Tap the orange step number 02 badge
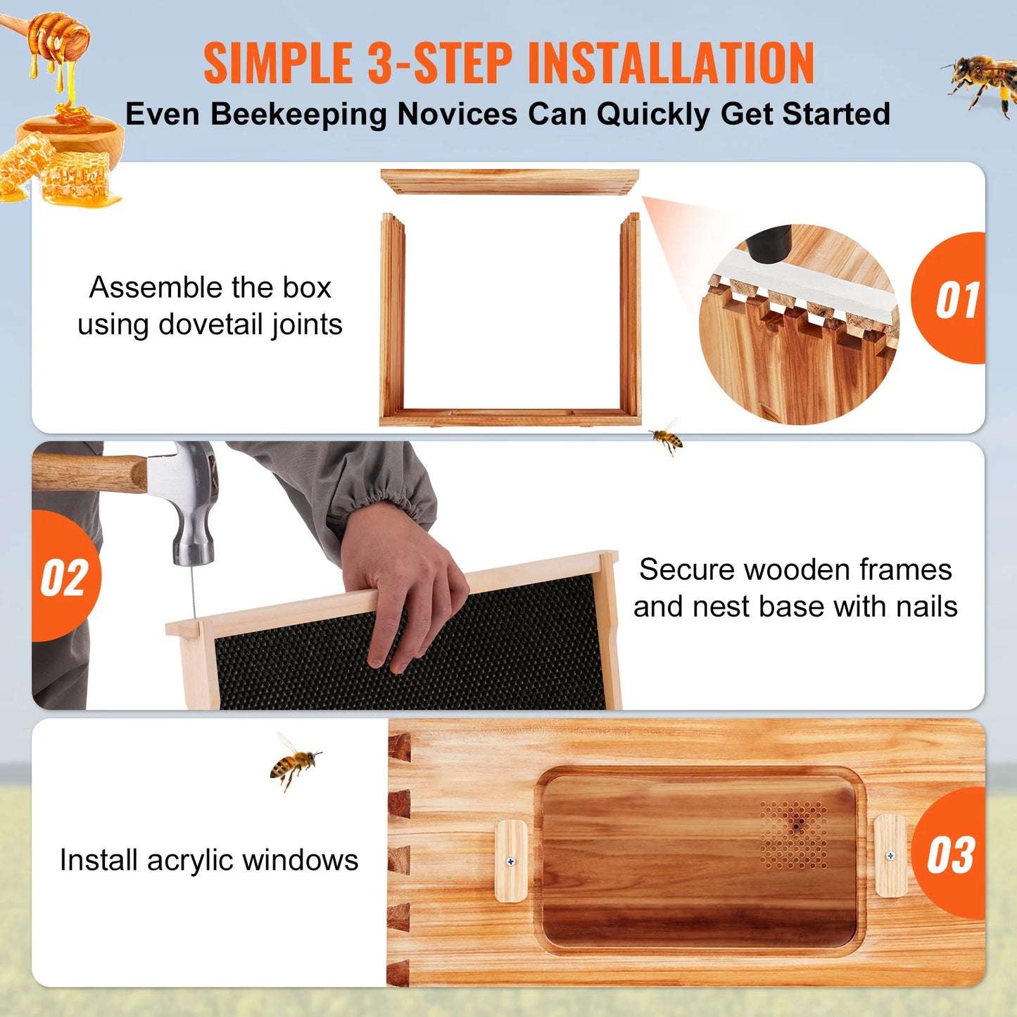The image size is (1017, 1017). click(65, 577)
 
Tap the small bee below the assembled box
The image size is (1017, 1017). click(666, 438)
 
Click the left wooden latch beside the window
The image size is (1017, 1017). click(512, 861)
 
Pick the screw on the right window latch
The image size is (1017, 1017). click(890, 856)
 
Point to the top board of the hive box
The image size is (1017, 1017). click(510, 181)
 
